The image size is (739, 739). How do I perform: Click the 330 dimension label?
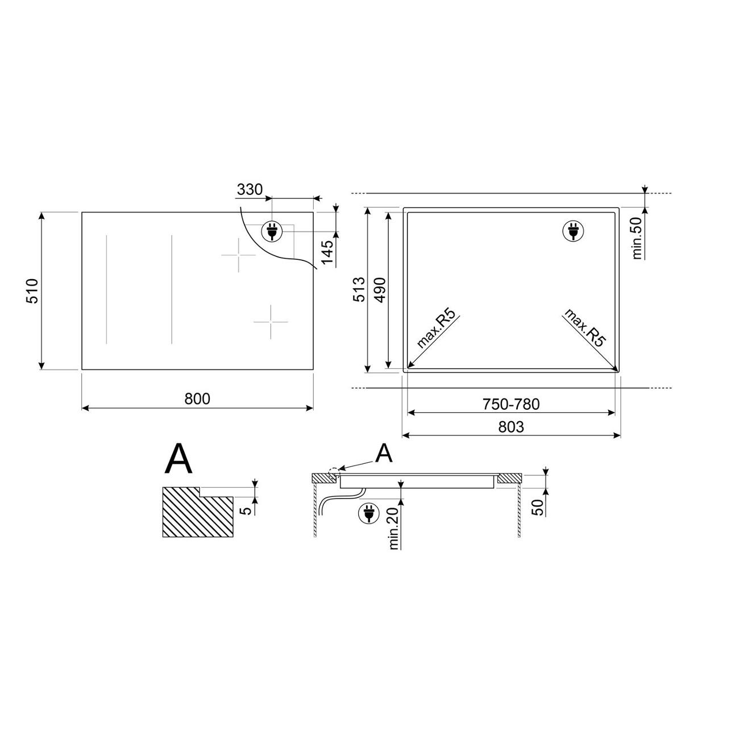[x=250, y=189]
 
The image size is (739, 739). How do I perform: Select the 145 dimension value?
[x=327, y=252]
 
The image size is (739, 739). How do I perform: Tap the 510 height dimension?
[x=32, y=292]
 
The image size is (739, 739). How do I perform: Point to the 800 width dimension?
[x=197, y=399]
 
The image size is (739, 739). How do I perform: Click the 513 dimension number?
[x=360, y=289]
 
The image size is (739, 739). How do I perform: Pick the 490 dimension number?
[x=380, y=290]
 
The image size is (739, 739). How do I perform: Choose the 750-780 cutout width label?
[x=511, y=404]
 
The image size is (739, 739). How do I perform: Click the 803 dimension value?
[x=511, y=427]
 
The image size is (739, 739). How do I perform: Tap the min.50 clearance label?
[x=637, y=238]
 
